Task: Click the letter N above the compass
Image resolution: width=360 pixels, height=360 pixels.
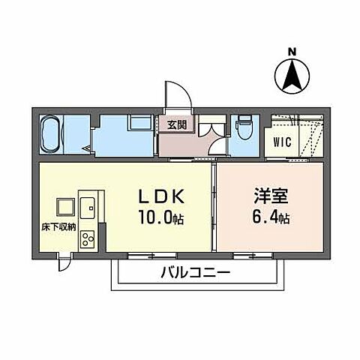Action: pyautogui.click(x=293, y=52)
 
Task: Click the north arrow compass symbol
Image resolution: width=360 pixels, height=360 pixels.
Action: pyautogui.click(x=293, y=76)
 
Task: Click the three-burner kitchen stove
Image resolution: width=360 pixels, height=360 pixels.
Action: pyautogui.click(x=87, y=240)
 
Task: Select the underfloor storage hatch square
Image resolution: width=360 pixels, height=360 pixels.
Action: pyautogui.click(x=63, y=205)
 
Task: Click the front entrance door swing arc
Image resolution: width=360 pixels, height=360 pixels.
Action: pyautogui.click(x=178, y=94)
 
